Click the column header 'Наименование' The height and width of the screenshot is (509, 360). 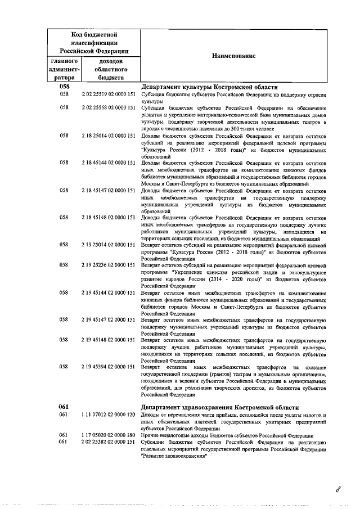[x=233, y=56]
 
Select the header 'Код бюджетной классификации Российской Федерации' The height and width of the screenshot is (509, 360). [x=94, y=42]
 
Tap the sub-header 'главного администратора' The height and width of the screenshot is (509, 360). [x=65, y=69]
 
